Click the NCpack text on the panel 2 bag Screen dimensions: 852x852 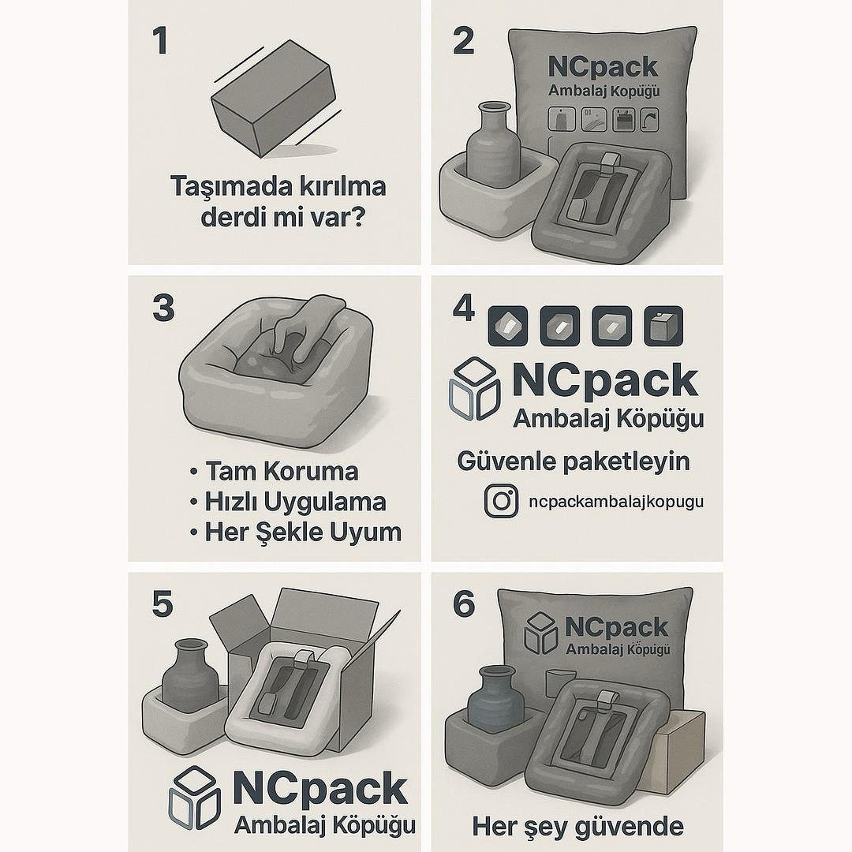click(x=603, y=66)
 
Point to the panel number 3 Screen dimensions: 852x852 click(x=163, y=308)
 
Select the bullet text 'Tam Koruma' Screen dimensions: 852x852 click(x=281, y=471)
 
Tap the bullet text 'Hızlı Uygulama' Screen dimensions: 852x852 click(x=295, y=502)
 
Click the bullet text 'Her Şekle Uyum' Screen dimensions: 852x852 click(x=302, y=532)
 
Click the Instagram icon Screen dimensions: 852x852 click(x=501, y=502)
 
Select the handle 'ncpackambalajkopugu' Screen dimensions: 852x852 click(x=616, y=502)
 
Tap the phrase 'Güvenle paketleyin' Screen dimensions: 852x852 click(x=574, y=461)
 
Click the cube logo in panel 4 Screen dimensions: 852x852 click(x=474, y=388)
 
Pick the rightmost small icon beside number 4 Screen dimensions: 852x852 click(x=663, y=326)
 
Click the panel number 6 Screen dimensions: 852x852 click(x=464, y=605)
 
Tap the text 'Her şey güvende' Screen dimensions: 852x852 click(x=577, y=826)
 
